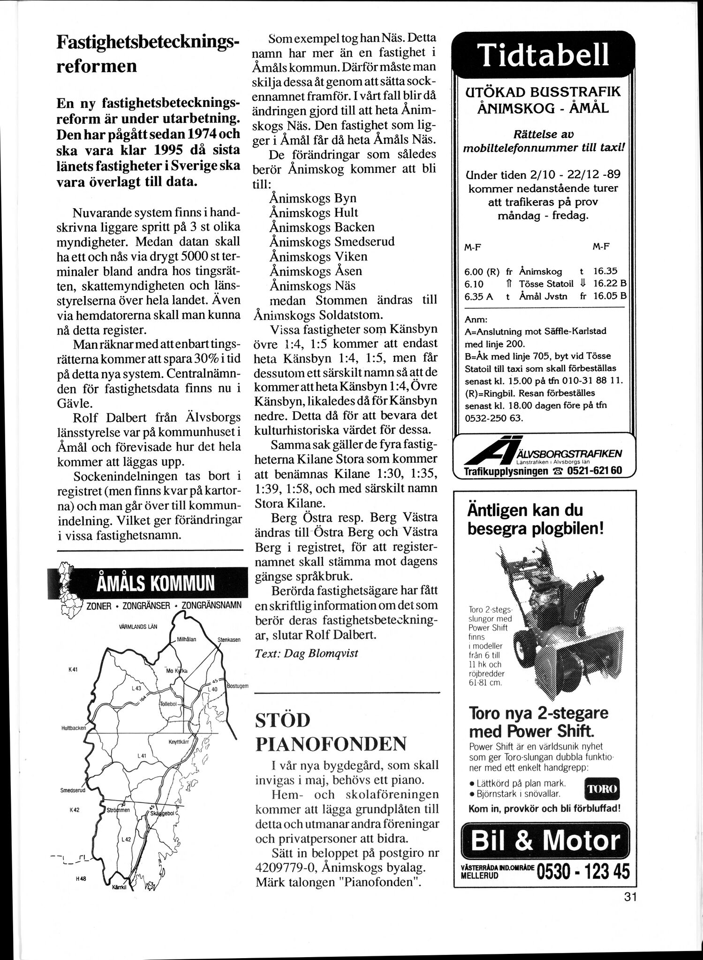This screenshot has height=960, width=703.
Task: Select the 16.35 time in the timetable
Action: click(x=605, y=271)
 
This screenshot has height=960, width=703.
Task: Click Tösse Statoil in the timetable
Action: click(x=546, y=284)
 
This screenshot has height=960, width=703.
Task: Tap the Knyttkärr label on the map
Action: click(x=178, y=742)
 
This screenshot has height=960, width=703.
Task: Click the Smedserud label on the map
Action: click(x=72, y=790)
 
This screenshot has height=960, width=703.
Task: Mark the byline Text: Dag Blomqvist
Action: click(x=306, y=653)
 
